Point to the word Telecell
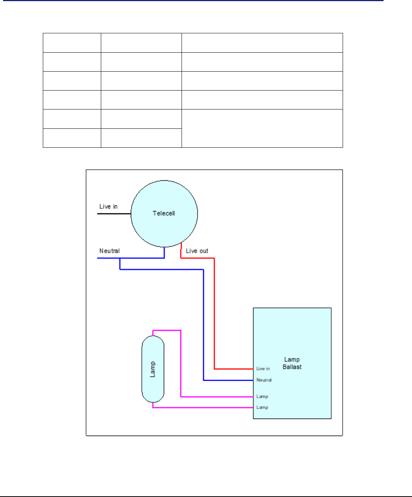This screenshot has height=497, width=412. point(164,214)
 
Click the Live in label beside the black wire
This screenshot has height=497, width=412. point(108,206)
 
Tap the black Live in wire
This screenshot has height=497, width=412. point(114,214)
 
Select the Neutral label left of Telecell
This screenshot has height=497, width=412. point(110,251)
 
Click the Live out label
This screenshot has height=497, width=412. point(197,251)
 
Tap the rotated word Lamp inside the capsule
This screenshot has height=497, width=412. point(153,369)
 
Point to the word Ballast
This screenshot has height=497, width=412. point(292,367)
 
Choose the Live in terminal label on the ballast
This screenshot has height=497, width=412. point(263,369)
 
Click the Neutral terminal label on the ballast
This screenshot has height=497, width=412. point(264,380)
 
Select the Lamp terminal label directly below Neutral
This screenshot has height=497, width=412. point(262,397)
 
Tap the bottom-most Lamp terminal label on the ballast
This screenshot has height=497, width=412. point(262,408)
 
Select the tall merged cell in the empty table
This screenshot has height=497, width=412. point(262,128)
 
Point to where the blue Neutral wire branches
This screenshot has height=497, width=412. point(120,258)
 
